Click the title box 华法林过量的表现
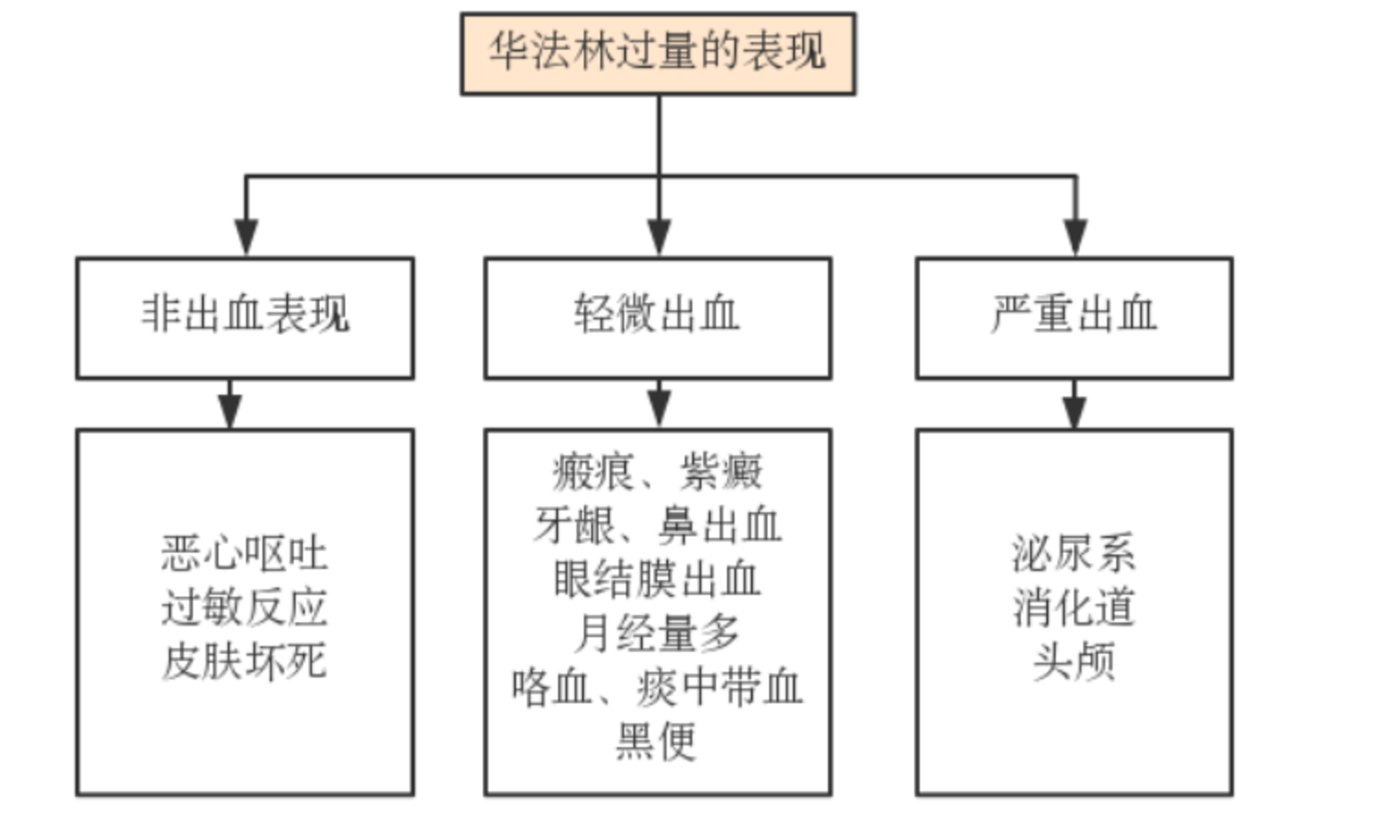pyautogui.click(x=657, y=53)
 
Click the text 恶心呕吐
pyautogui.click(x=245, y=554)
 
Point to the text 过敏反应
pyautogui.click(x=245, y=608)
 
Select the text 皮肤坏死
pyautogui.click(x=245, y=662)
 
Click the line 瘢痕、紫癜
pyautogui.click(x=657, y=472)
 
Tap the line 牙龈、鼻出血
pyautogui.click(x=657, y=526)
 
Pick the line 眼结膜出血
pyautogui.click(x=657, y=580)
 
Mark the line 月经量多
pyautogui.click(x=657, y=634)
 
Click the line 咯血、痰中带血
pyautogui.click(x=657, y=688)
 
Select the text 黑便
pyautogui.click(x=657, y=741)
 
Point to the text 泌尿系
pyautogui.click(x=1073, y=554)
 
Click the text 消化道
pyautogui.click(x=1073, y=608)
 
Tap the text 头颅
pyautogui.click(x=1073, y=662)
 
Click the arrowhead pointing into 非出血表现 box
pyautogui.click(x=247, y=238)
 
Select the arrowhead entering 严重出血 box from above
pyautogui.click(x=1075, y=238)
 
